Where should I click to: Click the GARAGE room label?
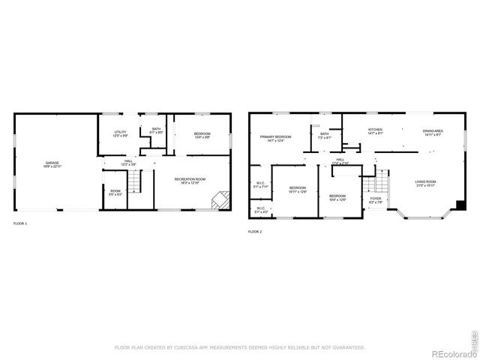coord(52,163)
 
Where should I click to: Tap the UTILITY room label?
coord(120,133)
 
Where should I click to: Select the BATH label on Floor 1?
coord(156,129)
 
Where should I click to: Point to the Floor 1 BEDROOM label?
coord(202,134)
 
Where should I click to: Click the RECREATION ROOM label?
coord(190,179)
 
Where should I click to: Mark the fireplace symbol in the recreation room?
coord(220,200)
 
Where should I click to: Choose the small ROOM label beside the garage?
coord(115,191)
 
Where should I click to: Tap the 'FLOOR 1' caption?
coord(20,223)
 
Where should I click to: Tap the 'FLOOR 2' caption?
coord(255,232)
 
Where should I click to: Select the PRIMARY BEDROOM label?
coord(275,137)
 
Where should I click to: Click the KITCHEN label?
coord(375,130)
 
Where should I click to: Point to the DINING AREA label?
coord(433,131)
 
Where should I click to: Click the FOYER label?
coord(376,199)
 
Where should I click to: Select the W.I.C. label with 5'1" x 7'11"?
coord(260,183)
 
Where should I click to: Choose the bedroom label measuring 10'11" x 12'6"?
coord(298,188)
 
